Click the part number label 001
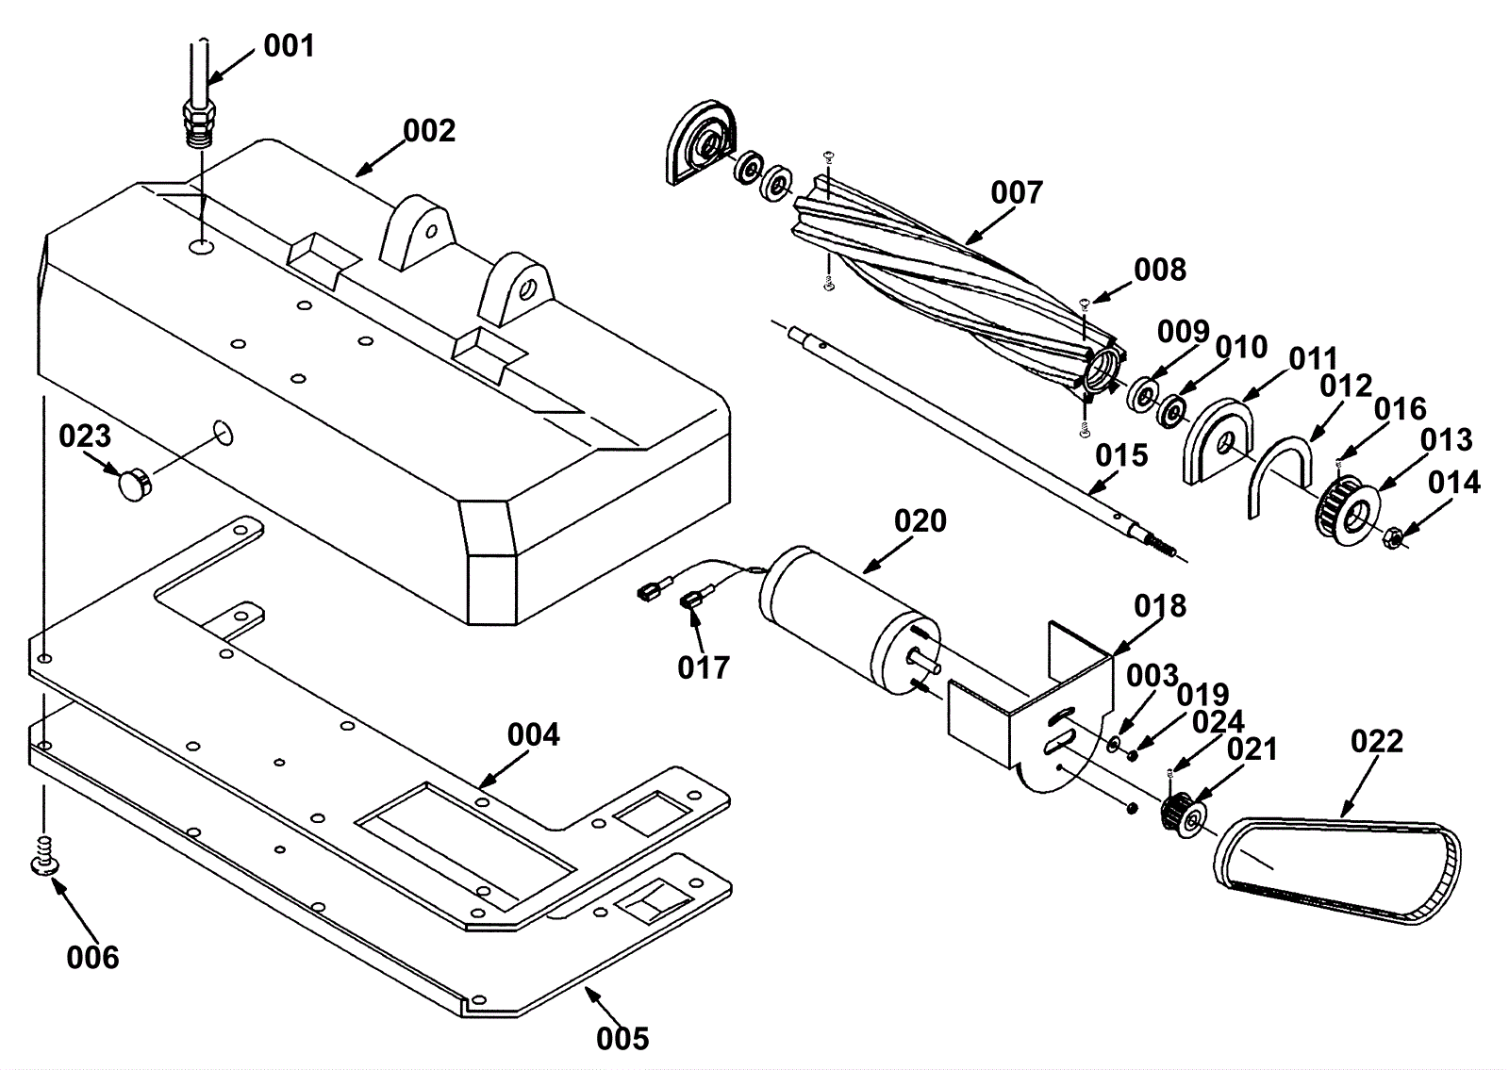289,46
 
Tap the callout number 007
1017,192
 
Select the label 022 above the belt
1377,741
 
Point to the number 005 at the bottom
622,1039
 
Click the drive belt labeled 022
1337,869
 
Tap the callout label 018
1160,607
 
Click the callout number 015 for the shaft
1121,456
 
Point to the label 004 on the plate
534,735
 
